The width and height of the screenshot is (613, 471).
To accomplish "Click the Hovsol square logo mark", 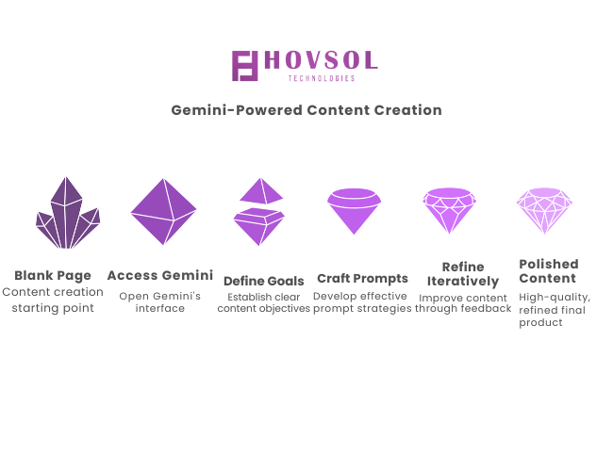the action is [245, 66].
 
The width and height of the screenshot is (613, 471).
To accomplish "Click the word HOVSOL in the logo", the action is [321, 60].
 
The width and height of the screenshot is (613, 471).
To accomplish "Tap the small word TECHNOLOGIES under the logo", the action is [322, 78].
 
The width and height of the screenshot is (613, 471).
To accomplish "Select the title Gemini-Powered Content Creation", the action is [306, 110].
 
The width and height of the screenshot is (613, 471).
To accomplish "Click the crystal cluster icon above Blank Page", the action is [68, 213].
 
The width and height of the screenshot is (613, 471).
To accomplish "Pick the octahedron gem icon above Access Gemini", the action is [163, 211].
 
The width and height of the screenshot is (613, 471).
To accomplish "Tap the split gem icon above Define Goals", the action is [259, 211].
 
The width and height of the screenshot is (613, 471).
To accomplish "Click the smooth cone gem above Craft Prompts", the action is [355, 211].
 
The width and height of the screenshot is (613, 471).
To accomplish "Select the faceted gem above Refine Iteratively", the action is [450, 210].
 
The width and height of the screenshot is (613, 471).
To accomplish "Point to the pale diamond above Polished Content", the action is [544, 210].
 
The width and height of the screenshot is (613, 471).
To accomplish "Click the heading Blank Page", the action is [53, 276].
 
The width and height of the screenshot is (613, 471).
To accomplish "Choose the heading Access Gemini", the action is [160, 275].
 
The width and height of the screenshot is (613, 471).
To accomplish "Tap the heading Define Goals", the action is [264, 281].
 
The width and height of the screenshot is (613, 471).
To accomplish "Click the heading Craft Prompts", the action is [362, 279].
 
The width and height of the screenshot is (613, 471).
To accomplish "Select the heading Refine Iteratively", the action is [463, 274].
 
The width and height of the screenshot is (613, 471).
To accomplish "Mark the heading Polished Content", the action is [549, 271].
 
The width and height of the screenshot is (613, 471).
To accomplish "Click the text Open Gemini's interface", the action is [160, 301].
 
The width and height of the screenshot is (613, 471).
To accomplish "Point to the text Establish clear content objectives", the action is [264, 302].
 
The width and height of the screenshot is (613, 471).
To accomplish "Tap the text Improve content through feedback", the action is [463, 303].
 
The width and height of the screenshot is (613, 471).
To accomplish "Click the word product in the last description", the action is [540, 322].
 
